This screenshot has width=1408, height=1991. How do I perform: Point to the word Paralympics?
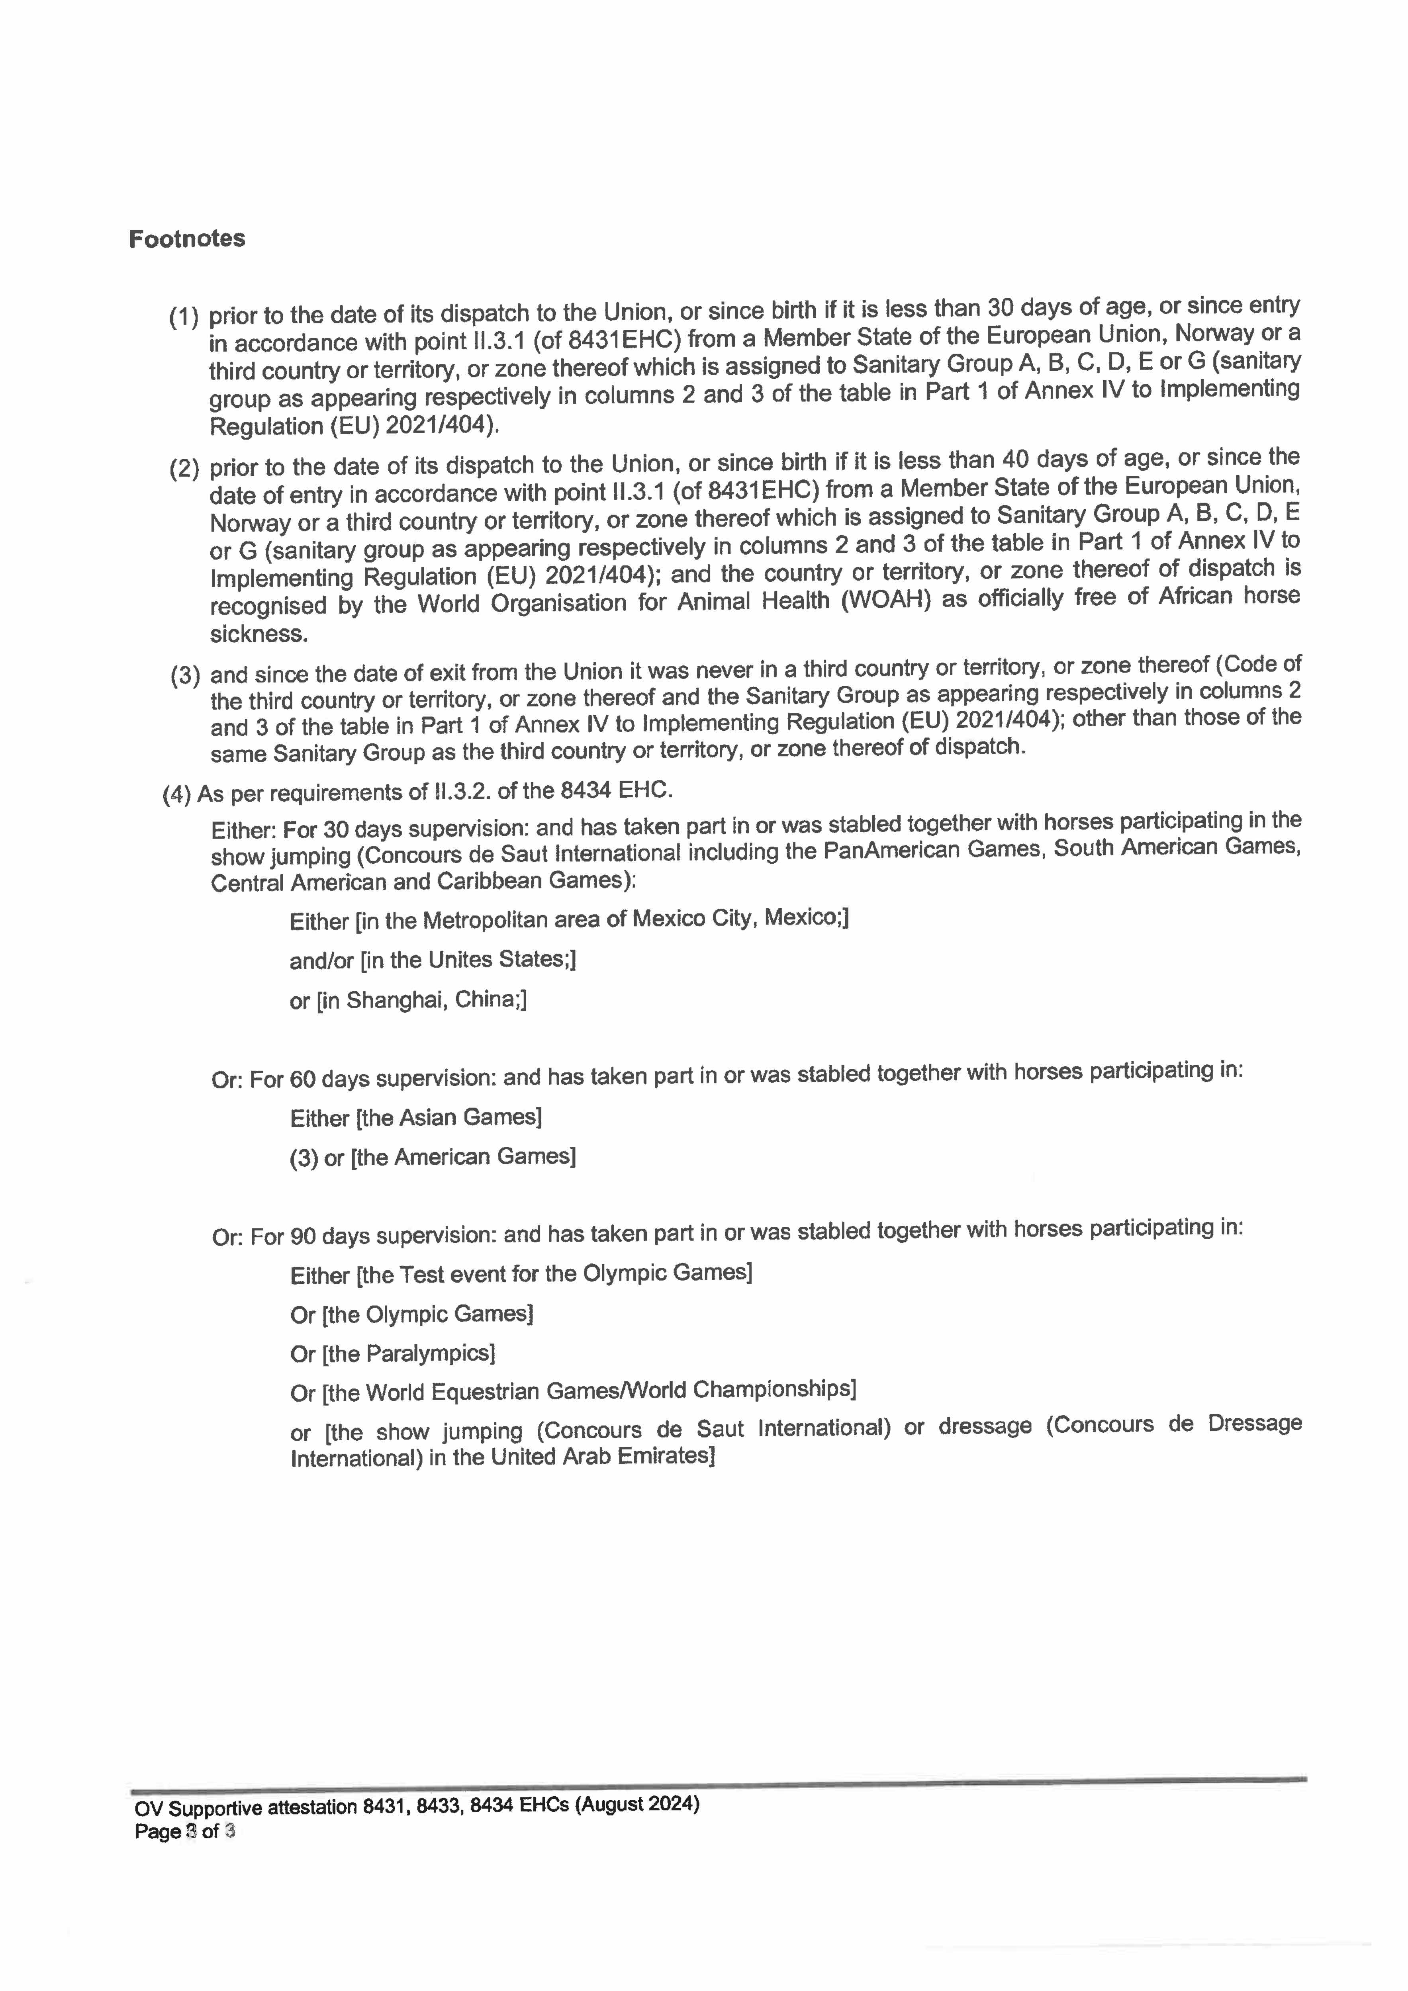coord(429,1353)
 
